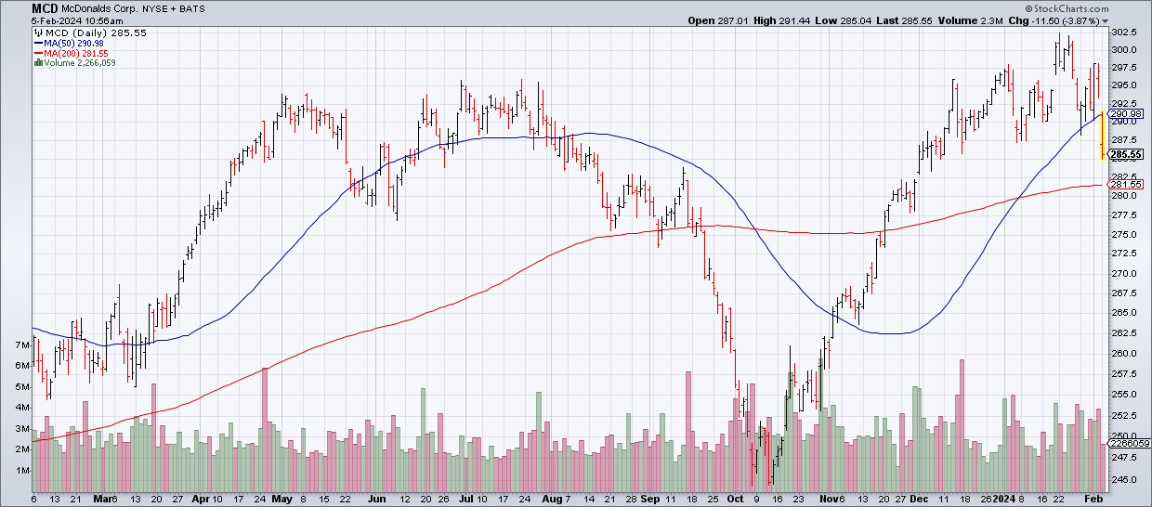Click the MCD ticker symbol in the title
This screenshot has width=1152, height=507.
(19, 7)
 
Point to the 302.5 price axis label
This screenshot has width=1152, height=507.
(1124, 33)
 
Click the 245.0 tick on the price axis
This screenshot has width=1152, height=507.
(1124, 480)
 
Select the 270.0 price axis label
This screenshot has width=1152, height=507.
(1124, 274)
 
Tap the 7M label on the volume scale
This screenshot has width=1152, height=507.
(22, 345)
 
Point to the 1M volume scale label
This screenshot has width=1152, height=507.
(22, 471)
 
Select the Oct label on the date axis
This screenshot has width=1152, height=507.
(736, 499)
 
